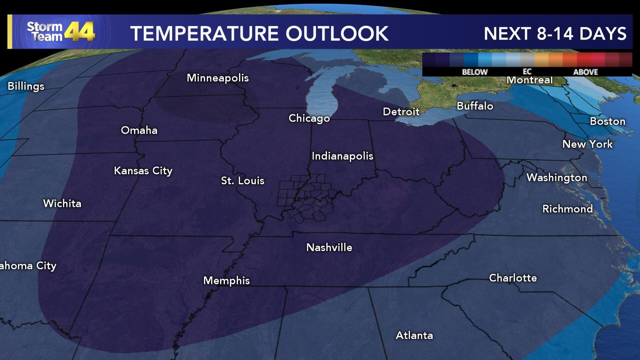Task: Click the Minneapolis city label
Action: (x=218, y=78)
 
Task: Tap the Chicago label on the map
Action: (x=309, y=118)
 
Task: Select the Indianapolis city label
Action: (x=342, y=156)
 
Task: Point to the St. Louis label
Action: (x=243, y=181)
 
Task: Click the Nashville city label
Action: (x=329, y=247)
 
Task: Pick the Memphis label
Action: (x=226, y=281)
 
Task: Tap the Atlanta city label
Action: (x=414, y=335)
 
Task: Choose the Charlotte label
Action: (x=513, y=278)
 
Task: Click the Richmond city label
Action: (x=567, y=209)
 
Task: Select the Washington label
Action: (x=557, y=178)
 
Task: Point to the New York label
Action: (x=587, y=144)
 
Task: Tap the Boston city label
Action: (x=607, y=121)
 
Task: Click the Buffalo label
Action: (x=475, y=106)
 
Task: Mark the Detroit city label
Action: (x=401, y=112)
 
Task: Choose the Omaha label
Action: (x=139, y=130)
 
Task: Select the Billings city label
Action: (x=26, y=86)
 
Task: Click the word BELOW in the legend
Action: (x=475, y=72)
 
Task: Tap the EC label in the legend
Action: (x=527, y=72)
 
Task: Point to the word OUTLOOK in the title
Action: (x=337, y=34)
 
